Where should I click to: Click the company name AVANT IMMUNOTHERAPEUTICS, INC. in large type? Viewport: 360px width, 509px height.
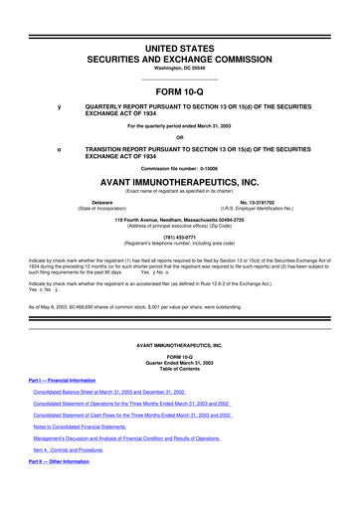180,182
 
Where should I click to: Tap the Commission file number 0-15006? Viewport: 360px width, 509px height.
180,167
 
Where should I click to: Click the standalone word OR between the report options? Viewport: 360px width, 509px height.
180,137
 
